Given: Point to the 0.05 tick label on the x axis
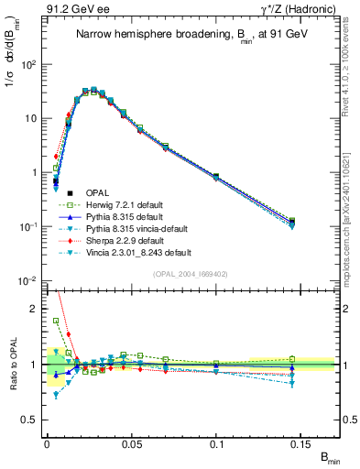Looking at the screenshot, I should [x=132, y=442].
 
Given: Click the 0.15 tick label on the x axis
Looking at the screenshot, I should [x=303, y=442].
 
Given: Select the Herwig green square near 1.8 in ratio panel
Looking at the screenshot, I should [x=56, y=321].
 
